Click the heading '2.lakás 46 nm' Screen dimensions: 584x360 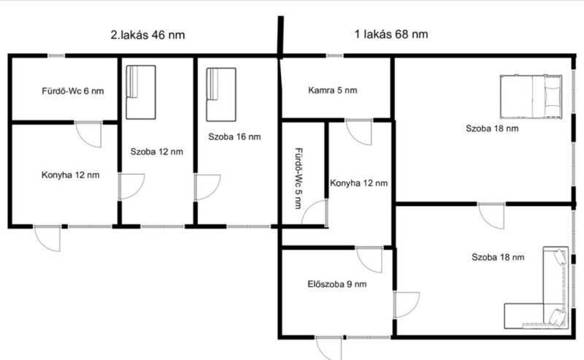coord(147,34)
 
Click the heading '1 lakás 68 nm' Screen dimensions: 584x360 coord(391,34)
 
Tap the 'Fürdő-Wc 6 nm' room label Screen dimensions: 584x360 coord(72,91)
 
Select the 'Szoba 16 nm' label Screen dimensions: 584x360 coord(234,137)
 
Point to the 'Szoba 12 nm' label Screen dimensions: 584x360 coord(156,152)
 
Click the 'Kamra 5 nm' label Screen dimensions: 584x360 coord(333,91)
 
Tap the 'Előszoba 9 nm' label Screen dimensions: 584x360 coord(337,284)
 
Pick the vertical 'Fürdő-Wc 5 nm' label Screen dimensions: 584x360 coord(299,178)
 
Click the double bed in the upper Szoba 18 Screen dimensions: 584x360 coord(531,97)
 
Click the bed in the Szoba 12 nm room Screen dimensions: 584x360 coord(141,93)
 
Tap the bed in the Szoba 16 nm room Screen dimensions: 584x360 coord(221,95)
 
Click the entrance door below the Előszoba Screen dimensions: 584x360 coord(328,347)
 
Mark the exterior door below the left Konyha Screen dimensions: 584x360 coord(47,238)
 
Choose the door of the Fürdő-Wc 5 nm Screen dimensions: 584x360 coord(315,212)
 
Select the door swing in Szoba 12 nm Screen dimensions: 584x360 coord(132,186)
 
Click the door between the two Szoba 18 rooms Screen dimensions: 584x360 coord(491,215)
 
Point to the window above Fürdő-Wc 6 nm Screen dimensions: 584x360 coord(56,56)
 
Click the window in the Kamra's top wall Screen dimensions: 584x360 coord(335,56)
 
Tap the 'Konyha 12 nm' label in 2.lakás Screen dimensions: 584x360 coord(70,175)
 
